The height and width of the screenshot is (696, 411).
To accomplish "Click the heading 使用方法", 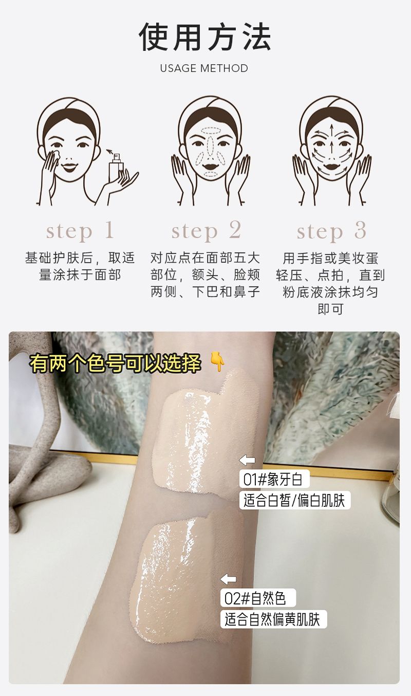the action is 205,36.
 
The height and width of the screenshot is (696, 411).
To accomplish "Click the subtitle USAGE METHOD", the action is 204,68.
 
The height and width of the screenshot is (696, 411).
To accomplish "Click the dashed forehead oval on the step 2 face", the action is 211,131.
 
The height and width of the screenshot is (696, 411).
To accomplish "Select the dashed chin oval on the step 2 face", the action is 211,175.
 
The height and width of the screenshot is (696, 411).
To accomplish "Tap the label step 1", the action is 80,231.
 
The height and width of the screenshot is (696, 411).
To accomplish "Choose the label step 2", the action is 207,231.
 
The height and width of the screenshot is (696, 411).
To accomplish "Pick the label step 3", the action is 331,231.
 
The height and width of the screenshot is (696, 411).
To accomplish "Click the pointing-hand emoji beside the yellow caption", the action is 217,361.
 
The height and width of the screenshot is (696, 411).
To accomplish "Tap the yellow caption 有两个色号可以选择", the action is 115,362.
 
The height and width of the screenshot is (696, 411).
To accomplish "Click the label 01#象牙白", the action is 273,479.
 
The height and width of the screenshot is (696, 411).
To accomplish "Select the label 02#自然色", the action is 255,598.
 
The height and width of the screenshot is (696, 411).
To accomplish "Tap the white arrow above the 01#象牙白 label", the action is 247,460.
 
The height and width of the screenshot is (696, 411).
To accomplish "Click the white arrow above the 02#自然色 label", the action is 228,579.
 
